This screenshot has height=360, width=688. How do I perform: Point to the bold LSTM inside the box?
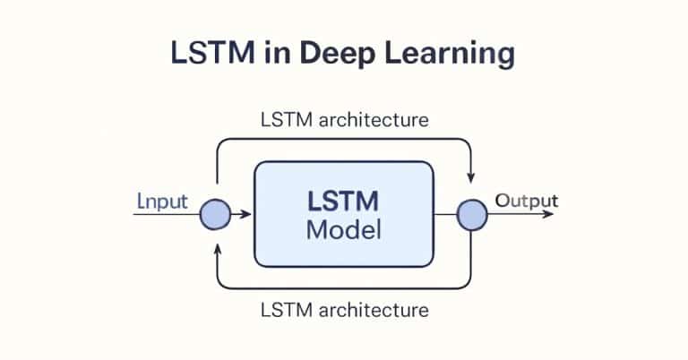tap(344, 201)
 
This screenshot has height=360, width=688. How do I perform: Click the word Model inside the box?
tap(344, 229)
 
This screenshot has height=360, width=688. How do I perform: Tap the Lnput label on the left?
tap(161, 201)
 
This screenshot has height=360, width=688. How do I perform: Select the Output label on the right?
tap(527, 200)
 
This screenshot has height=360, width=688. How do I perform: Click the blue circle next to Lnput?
tap(215, 215)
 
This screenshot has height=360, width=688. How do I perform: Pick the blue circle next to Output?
tap(472, 215)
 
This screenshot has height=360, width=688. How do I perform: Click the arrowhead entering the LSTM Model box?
tap(248, 215)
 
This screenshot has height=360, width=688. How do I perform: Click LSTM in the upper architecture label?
tap(282, 118)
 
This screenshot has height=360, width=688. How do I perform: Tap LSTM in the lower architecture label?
tap(282, 311)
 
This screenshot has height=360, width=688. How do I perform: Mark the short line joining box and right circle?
tap(445, 215)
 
